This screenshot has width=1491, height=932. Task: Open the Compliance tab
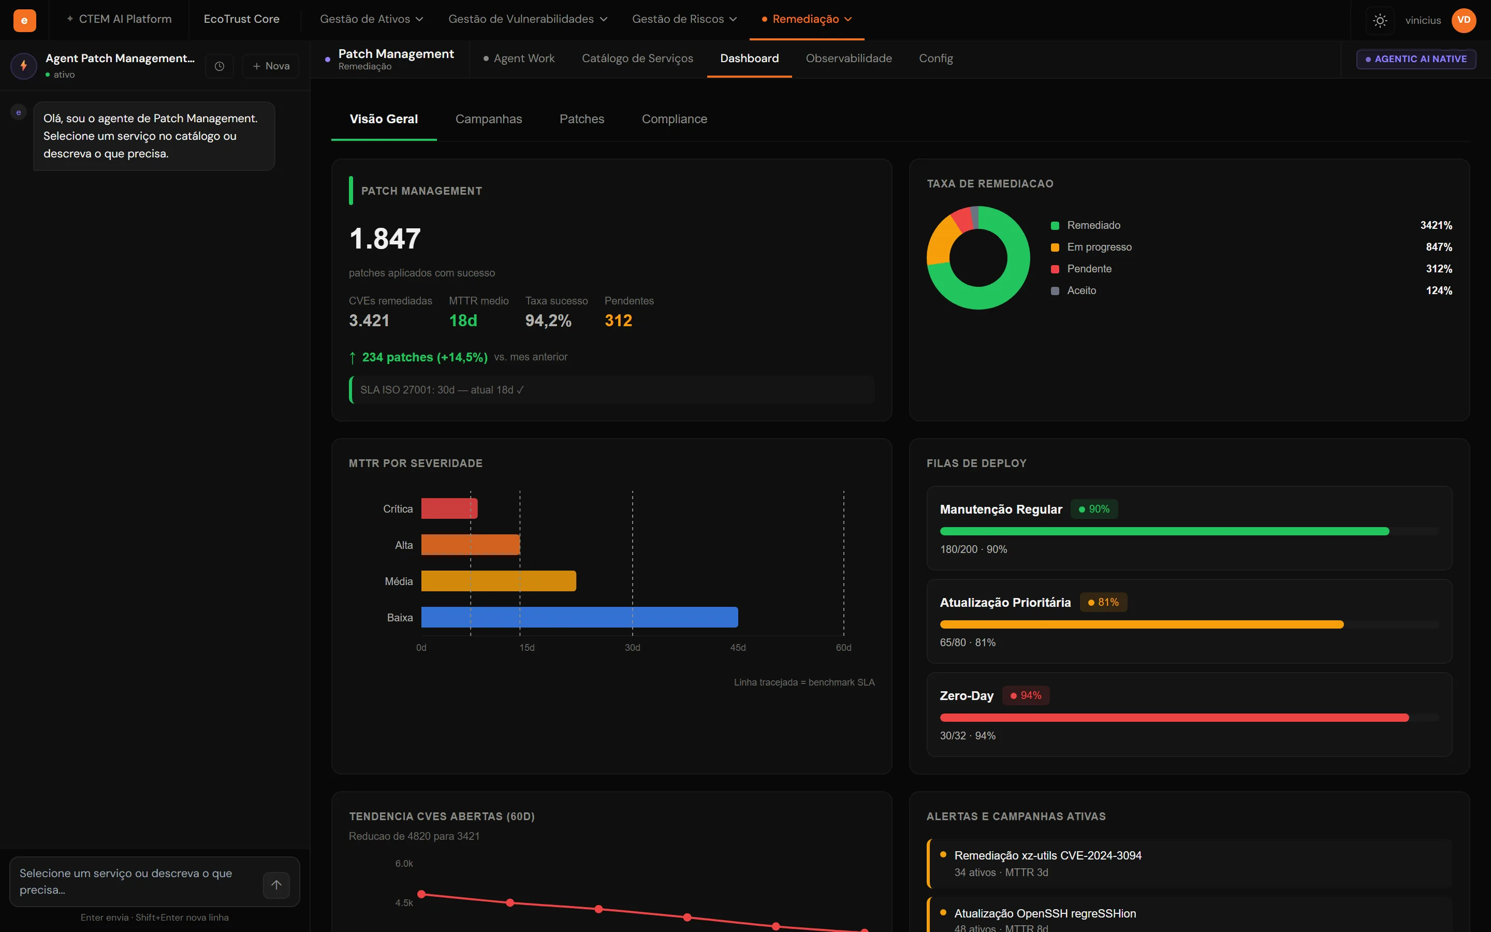coord(674,119)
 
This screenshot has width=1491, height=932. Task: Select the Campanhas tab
coord(489,119)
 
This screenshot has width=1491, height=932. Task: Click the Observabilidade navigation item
coord(849,59)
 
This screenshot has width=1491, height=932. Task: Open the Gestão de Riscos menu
coord(684,19)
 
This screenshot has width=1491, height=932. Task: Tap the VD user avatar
coord(1464,20)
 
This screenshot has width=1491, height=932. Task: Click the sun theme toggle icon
coord(1380,20)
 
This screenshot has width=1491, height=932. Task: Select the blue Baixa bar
coord(580,617)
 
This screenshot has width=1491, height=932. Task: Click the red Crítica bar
coord(449,508)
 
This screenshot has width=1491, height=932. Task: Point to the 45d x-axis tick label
coord(738,647)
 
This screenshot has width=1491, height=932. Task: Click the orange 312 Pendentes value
coord(618,321)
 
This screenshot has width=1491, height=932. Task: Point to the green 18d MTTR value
coord(463,321)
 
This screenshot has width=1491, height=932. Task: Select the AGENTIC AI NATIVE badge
coord(1416,59)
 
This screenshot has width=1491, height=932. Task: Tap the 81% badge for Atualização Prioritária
coord(1103,602)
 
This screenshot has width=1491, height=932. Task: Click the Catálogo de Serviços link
coord(637,59)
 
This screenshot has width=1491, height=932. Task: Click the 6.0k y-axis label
coord(404,864)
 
